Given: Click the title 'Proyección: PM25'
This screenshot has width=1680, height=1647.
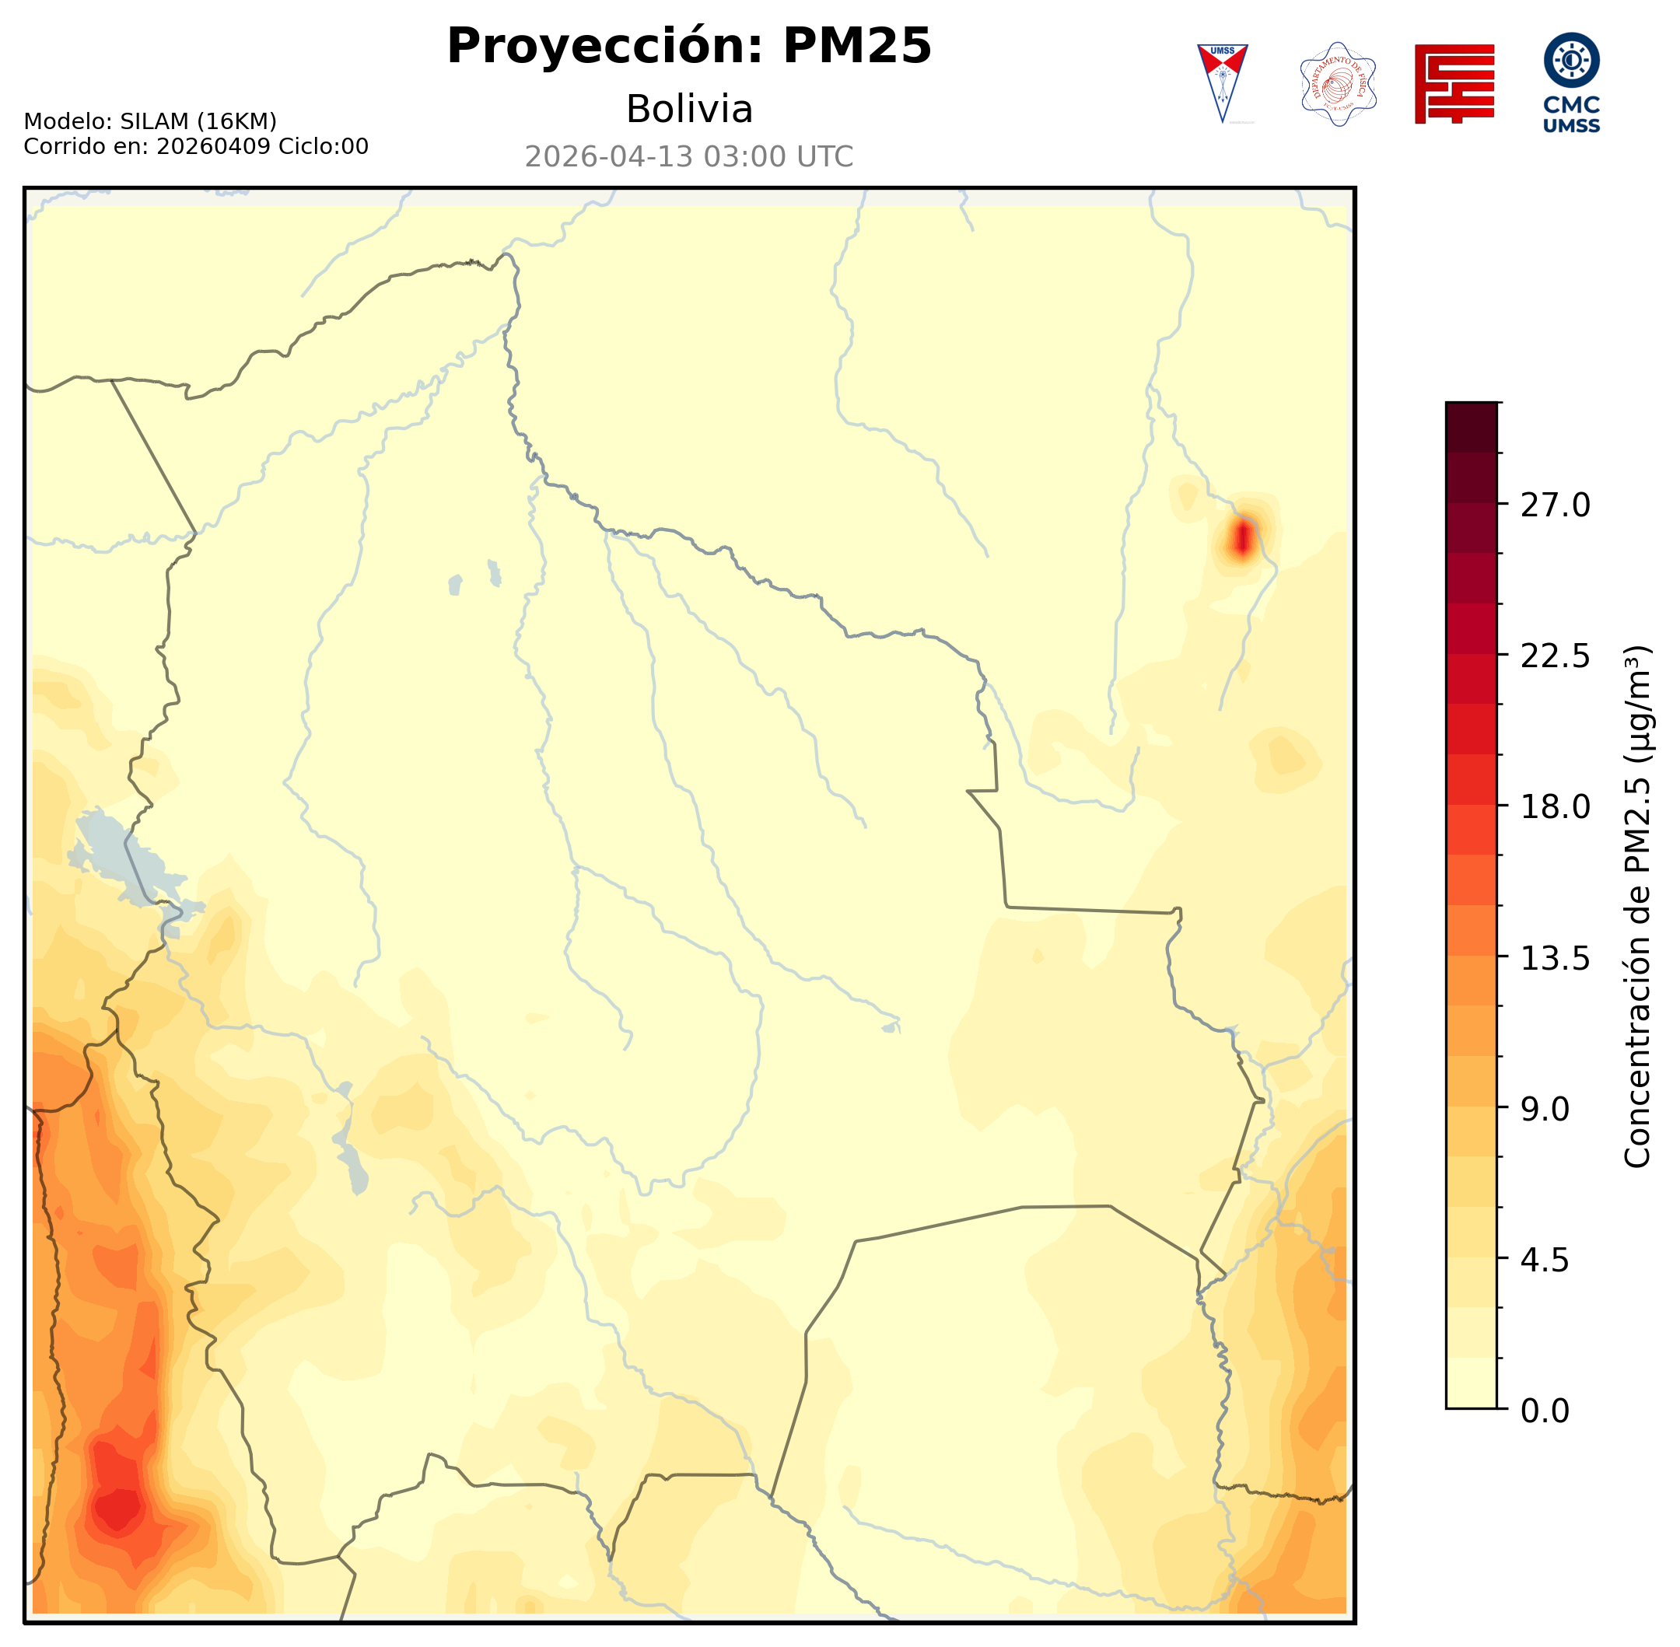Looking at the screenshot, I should pyautogui.click(x=688, y=46).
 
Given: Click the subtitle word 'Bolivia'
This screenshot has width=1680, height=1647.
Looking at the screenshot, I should pyautogui.click(x=688, y=110).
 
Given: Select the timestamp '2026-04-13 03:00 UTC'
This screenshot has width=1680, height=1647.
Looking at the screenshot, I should pyautogui.click(x=688, y=156).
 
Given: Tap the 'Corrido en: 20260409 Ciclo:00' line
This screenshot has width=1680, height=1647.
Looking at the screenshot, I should pyautogui.click(x=195, y=146).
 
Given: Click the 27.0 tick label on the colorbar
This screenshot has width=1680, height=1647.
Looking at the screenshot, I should pyautogui.click(x=1555, y=505).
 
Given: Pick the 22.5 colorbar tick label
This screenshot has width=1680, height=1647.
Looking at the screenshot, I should pyautogui.click(x=1555, y=656).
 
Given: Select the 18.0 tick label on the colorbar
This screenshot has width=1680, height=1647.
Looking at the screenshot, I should pyautogui.click(x=1555, y=807).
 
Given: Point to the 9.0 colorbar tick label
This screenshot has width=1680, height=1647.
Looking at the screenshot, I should pyautogui.click(x=1545, y=1109).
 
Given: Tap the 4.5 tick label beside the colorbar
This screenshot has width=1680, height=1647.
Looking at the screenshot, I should pyautogui.click(x=1545, y=1261).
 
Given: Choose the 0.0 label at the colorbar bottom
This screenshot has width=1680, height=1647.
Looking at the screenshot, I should pyautogui.click(x=1545, y=1411).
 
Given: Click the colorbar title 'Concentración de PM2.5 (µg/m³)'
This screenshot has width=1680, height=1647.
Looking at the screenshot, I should pyautogui.click(x=1637, y=906).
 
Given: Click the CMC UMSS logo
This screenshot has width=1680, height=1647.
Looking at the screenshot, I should pyautogui.click(x=1571, y=83).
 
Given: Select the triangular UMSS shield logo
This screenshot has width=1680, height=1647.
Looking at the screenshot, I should pyautogui.click(x=1222, y=82).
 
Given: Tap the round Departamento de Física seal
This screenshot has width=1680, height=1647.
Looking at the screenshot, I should pyautogui.click(x=1338, y=84).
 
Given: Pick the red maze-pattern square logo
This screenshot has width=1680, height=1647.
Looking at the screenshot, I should pyautogui.click(x=1454, y=84).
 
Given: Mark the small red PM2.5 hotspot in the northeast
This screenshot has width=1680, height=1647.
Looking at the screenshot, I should pyautogui.click(x=1243, y=539).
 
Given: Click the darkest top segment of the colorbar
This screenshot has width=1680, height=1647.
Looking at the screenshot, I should pyautogui.click(x=1471, y=426).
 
